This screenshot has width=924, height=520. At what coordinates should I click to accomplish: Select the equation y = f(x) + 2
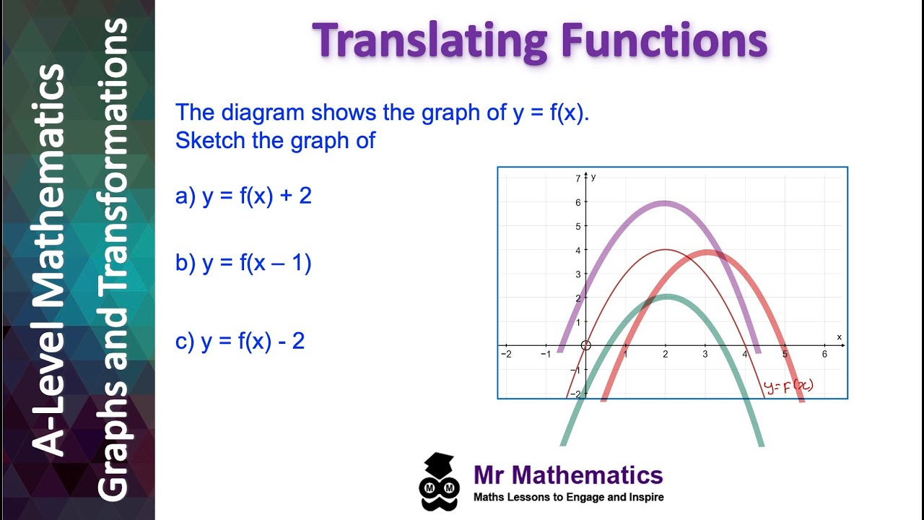pos(243,196)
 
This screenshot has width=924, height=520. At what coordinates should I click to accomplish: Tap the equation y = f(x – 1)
pos(243,263)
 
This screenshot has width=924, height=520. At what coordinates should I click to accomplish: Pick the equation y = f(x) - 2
pos(240,340)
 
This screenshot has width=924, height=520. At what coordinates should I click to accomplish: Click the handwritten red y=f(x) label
pos(788,386)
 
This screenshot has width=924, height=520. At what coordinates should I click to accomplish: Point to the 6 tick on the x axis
pos(824,355)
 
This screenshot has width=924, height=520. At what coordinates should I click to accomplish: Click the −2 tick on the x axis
pos(506,355)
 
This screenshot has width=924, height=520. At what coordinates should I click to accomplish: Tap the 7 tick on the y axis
pos(578,178)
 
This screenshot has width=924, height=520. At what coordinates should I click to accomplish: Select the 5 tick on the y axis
pos(578,226)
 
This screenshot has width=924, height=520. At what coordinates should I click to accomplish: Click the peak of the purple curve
pos(665,203)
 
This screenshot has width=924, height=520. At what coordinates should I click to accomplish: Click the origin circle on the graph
pos(585,345)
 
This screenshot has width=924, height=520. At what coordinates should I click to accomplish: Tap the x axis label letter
pos(839,337)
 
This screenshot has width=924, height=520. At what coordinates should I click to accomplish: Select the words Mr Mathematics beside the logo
pos(568,474)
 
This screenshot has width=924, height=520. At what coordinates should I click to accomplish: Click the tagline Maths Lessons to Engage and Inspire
pos(568,497)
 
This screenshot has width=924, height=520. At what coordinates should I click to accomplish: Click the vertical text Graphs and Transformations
pos(113,260)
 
